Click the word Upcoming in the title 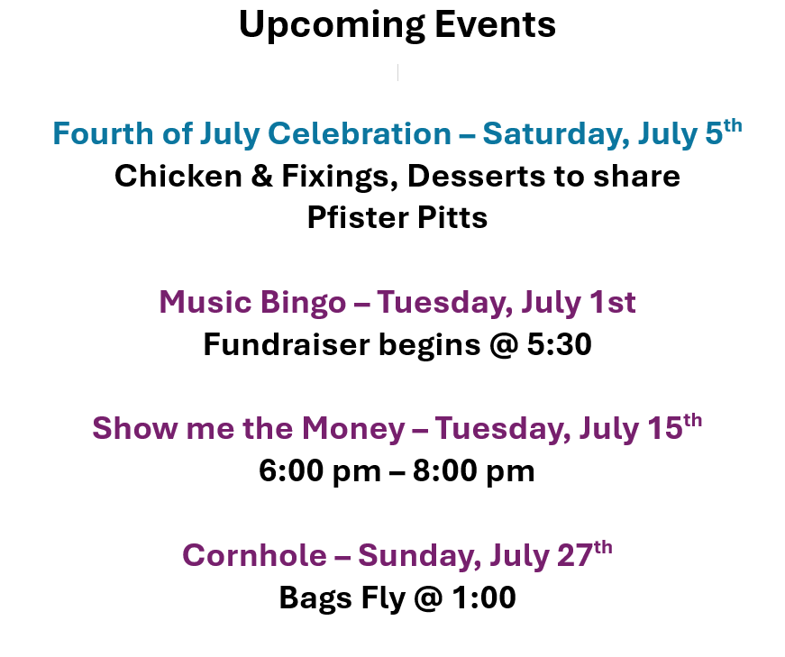(333, 25)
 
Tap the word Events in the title (495, 24)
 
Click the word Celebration (360, 133)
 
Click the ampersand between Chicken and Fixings (262, 176)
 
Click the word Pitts (452, 217)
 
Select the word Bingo (303, 303)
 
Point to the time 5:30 (559, 344)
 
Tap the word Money (353, 429)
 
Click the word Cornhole (254, 555)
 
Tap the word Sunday (419, 556)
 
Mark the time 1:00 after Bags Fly (484, 598)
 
